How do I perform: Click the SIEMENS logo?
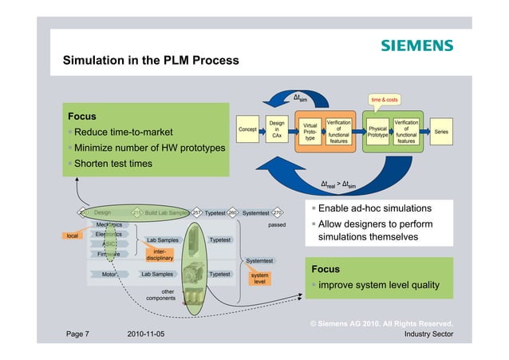[416, 45]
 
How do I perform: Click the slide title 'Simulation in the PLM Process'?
[151, 61]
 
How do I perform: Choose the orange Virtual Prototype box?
[311, 131]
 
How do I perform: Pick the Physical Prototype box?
[377, 131]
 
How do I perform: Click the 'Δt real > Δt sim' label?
[339, 184]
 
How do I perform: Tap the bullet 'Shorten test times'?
[114, 164]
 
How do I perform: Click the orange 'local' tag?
[73, 236]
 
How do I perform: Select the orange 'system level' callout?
[259, 277]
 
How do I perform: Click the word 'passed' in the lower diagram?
[276, 225]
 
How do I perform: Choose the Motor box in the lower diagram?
[109, 274]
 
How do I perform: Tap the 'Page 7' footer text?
[77, 334]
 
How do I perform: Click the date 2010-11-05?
[146, 334]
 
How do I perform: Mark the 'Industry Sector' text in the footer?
[428, 334]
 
